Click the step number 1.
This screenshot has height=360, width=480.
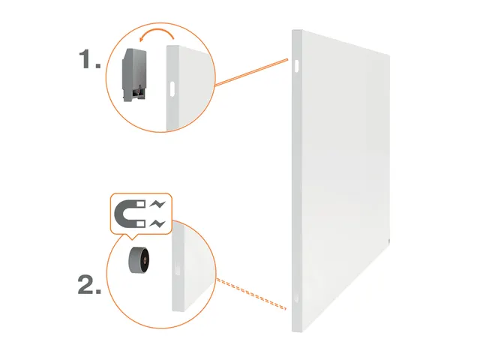coord(89,61)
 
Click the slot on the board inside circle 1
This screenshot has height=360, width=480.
coord(172,87)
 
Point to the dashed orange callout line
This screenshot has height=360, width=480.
coord(251,294)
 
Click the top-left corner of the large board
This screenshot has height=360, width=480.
coord(293,31)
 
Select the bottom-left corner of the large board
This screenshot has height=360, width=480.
coord(295,331)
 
